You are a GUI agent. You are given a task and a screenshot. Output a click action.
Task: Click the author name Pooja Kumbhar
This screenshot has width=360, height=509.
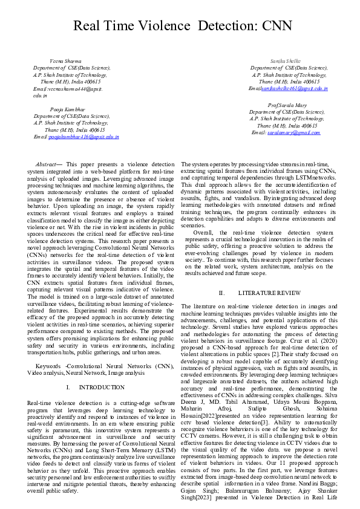click(x=68, y=109)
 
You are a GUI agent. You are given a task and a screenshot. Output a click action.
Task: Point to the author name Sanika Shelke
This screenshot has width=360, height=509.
click(x=287, y=62)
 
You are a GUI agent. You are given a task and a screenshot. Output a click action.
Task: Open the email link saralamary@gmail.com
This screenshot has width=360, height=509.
click(x=294, y=132)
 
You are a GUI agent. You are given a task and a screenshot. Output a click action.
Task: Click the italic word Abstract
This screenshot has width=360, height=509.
click(x=47, y=164)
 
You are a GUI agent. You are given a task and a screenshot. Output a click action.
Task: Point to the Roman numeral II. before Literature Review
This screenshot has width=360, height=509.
click(x=221, y=293)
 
